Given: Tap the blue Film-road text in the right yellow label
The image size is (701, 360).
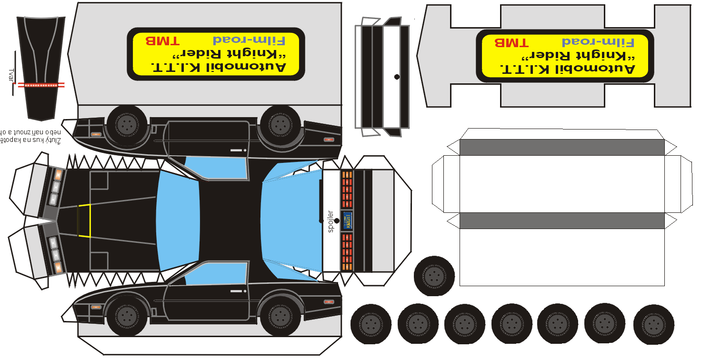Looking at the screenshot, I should click(598, 42).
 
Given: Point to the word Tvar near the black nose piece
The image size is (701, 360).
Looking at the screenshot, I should click(10, 75).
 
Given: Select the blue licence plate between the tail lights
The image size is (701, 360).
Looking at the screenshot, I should click(347, 220).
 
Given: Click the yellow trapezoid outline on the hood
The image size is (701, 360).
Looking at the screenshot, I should click(84, 220).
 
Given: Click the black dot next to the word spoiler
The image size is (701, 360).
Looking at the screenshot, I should click(337, 220).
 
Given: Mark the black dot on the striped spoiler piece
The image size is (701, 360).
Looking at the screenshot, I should click(397, 77).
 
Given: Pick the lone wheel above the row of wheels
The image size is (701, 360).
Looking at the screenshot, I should click(434, 276).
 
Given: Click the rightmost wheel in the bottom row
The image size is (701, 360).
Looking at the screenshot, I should click(653, 324).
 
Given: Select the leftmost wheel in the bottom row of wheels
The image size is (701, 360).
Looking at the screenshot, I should click(371, 324).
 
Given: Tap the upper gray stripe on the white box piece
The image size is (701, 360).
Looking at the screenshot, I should click(562, 147).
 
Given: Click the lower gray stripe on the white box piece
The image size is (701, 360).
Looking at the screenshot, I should click(562, 220).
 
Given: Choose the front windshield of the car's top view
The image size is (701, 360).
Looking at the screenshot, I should click(178, 220).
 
